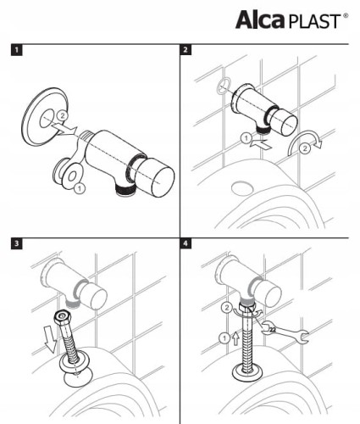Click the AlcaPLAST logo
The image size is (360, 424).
(x=291, y=20)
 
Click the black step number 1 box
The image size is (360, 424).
(x=16, y=50)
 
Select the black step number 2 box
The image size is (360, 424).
(x=186, y=50)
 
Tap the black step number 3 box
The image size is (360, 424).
(x=16, y=243)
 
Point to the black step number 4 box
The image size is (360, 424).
(x=186, y=243)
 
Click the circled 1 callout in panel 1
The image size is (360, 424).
(x=80, y=188)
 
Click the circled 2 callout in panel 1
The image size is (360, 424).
(x=63, y=115)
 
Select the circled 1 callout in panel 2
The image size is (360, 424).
(x=246, y=138)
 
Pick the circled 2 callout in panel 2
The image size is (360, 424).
(x=305, y=148)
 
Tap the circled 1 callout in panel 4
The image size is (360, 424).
(x=224, y=338)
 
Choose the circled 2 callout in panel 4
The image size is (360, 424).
(x=226, y=308)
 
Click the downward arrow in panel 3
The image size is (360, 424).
(x=51, y=338)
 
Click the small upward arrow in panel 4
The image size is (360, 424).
(x=235, y=338)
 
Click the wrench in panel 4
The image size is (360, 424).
(x=285, y=332)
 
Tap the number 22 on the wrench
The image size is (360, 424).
(x=273, y=330)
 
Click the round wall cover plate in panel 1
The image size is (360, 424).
(x=45, y=116)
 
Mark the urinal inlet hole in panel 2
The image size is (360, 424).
(x=242, y=188)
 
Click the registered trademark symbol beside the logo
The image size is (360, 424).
(x=346, y=16)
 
